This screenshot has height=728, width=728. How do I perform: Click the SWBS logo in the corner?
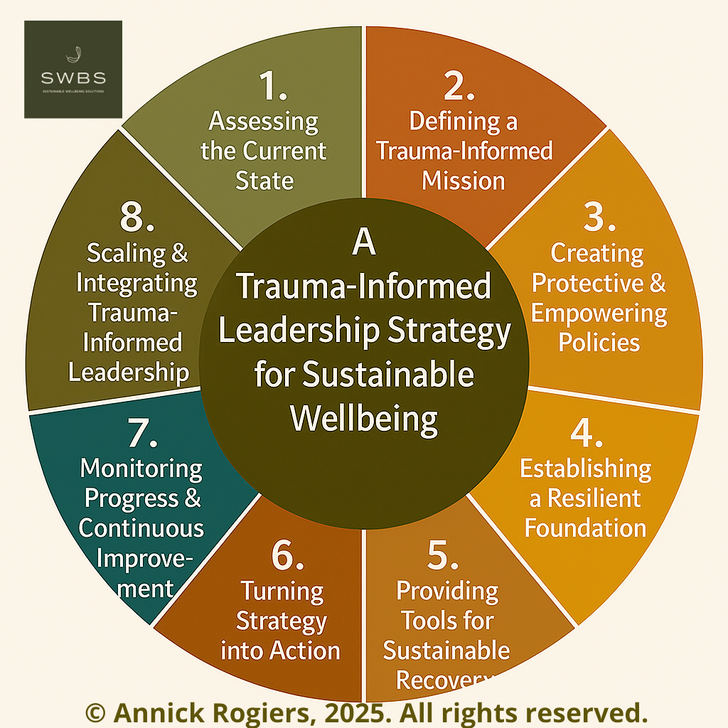(73, 69)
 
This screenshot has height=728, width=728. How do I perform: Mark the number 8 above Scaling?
(136, 218)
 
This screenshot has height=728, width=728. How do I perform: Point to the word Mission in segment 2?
(463, 180)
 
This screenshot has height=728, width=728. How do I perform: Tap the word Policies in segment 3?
(599, 342)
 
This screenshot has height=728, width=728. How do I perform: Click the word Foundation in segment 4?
(585, 528)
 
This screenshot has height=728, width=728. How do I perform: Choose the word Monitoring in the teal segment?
(141, 469)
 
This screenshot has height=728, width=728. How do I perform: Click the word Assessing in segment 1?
(263, 122)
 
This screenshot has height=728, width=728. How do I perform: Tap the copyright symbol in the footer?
(95, 712)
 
